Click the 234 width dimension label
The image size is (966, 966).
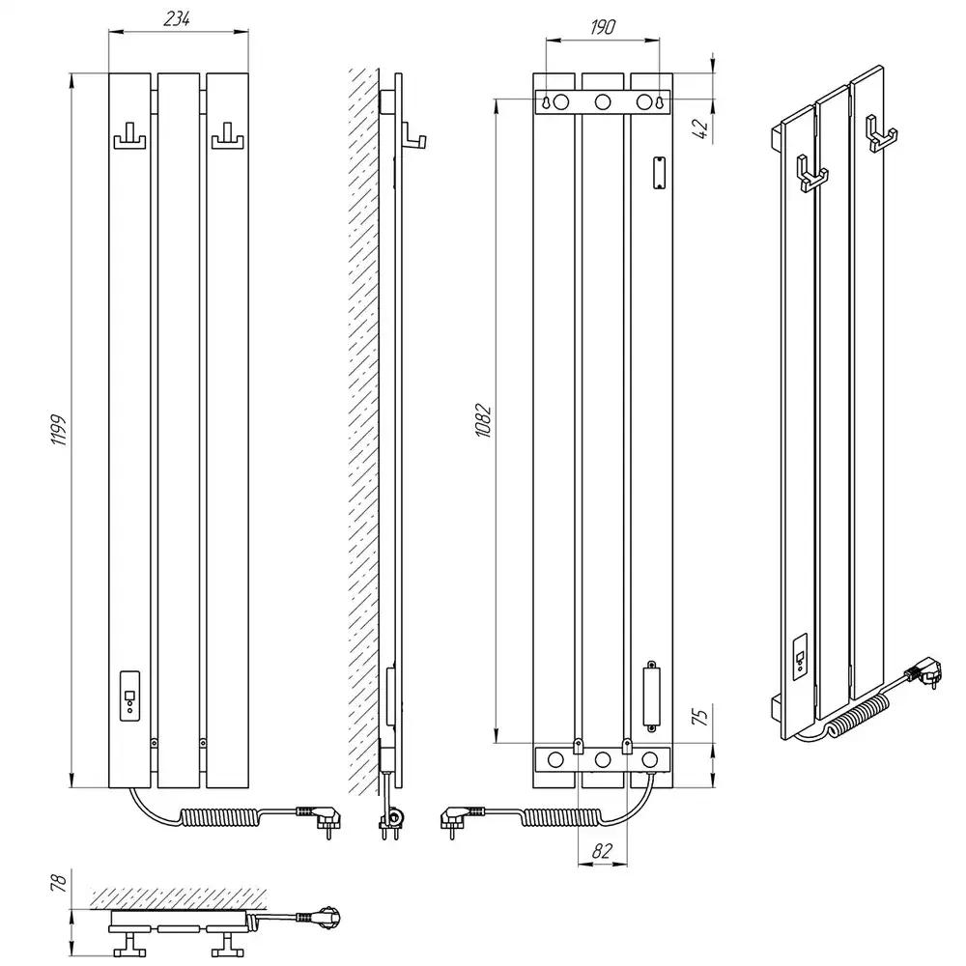pyautogui.click(x=176, y=19)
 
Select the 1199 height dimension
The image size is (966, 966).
pyautogui.click(x=59, y=430)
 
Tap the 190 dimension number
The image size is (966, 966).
pyautogui.click(x=603, y=27)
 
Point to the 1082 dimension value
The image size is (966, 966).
pyautogui.click(x=484, y=421)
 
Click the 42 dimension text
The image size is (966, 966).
pyautogui.click(x=701, y=128)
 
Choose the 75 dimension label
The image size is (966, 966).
pyautogui.click(x=701, y=715)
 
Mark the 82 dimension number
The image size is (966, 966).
pyautogui.click(x=602, y=850)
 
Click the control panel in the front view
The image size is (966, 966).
pyautogui.click(x=129, y=696)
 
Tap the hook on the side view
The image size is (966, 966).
pyautogui.click(x=414, y=136)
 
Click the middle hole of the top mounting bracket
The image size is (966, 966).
pyautogui.click(x=603, y=101)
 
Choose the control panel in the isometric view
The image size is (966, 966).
pyautogui.click(x=800, y=656)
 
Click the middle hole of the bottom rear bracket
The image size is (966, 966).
pyautogui.click(x=603, y=759)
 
